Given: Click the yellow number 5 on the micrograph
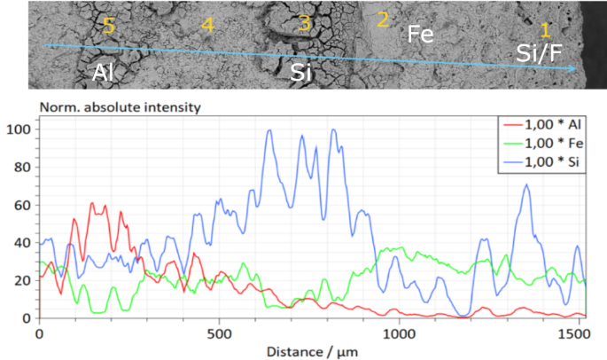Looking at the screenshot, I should pyautogui.click(x=108, y=26).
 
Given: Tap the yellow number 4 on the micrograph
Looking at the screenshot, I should pyautogui.click(x=206, y=26).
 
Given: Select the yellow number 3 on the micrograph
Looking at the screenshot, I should pyautogui.click(x=304, y=24).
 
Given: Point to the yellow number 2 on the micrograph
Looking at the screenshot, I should pyautogui.click(x=383, y=19).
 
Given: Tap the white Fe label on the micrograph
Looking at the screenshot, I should pyautogui.click(x=420, y=35).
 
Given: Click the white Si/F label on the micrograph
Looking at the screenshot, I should pyautogui.click(x=539, y=55).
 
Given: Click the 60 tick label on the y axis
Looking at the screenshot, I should pyautogui.click(x=24, y=205).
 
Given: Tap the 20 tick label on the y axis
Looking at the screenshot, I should pyautogui.click(x=24, y=280).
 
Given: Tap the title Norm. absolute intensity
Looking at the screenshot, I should pyautogui.click(x=120, y=107).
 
